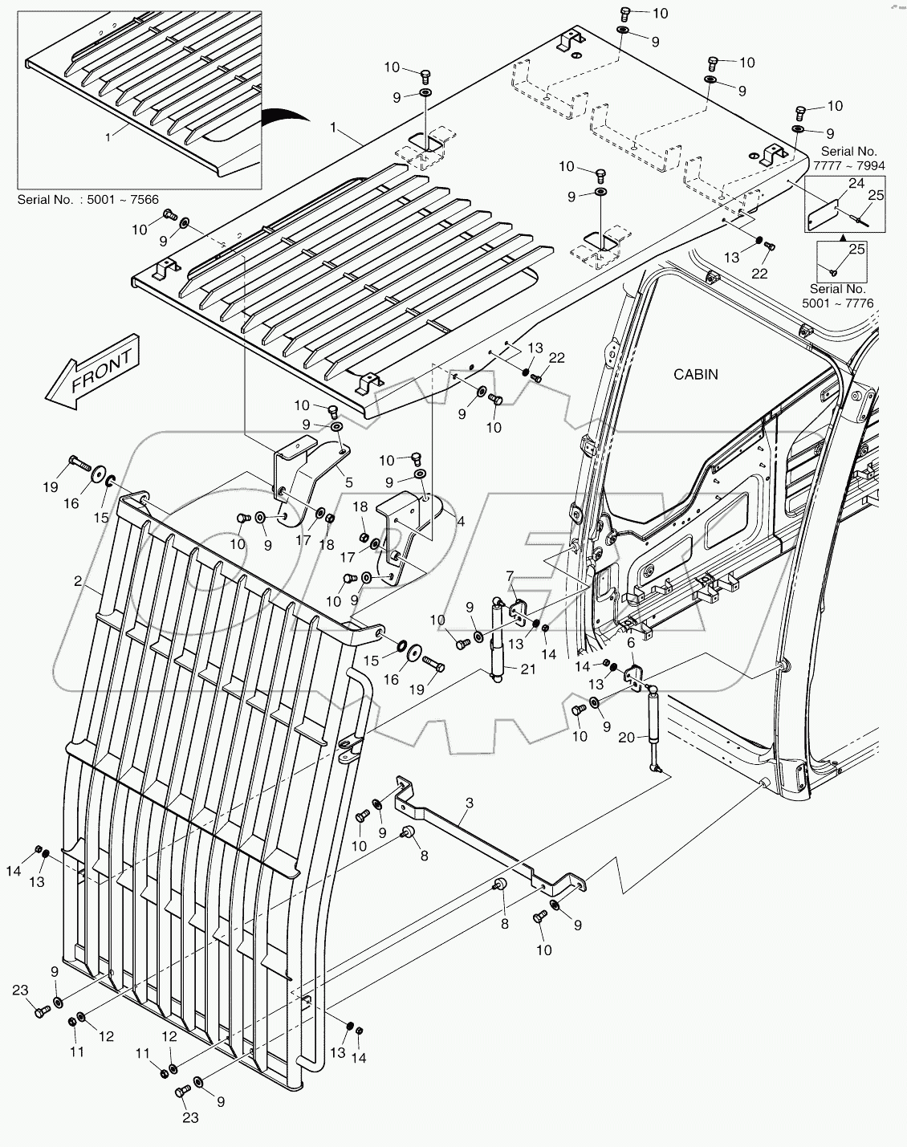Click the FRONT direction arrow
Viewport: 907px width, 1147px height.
(92, 372)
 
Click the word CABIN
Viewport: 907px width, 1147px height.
(695, 375)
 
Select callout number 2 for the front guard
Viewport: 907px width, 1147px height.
(78, 580)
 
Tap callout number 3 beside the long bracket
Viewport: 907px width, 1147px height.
(469, 803)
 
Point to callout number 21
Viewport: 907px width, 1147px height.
(527, 669)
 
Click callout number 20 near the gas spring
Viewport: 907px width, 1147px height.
(627, 737)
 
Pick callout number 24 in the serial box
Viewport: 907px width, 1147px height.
(856, 183)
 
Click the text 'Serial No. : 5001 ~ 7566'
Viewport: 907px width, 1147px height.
(88, 200)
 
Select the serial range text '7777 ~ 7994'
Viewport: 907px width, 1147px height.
(848, 166)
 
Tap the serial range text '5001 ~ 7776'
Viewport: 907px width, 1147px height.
(838, 303)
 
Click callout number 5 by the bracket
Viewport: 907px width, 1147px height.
(348, 483)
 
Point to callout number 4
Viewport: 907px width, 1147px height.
(461, 522)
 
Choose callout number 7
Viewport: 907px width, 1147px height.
(510, 576)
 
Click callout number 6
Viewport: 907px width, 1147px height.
(631, 643)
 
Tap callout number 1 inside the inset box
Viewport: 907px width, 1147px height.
(108, 137)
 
